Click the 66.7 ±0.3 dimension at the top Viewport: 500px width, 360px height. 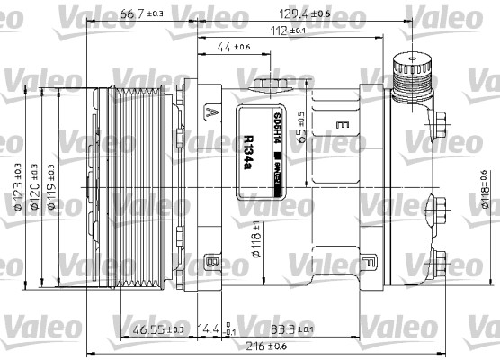click(141, 13)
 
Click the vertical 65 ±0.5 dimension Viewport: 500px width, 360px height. click(304, 125)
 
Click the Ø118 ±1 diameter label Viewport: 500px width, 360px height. click(256, 238)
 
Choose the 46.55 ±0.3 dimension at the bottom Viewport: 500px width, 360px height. click(158, 330)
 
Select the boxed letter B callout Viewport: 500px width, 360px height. click(211, 262)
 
